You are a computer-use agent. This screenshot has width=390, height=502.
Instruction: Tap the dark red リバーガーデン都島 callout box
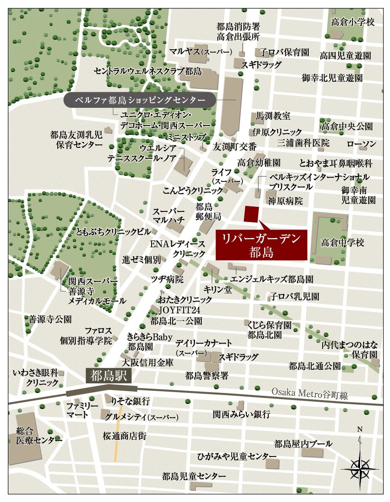[x=261, y=245]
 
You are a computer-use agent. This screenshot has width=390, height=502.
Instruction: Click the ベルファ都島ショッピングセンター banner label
[x=140, y=101]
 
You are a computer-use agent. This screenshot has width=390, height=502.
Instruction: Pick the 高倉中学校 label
[x=342, y=243]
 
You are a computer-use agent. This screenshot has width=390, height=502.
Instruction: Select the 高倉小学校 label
[x=353, y=21]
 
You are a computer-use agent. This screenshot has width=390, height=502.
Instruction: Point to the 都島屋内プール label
[x=303, y=443]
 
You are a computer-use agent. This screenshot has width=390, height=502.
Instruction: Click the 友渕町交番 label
[x=235, y=147]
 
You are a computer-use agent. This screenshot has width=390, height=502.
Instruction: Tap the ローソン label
[x=361, y=144]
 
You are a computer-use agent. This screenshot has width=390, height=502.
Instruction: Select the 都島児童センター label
[x=194, y=476]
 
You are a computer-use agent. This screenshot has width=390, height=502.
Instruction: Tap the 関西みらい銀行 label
[x=241, y=414]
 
